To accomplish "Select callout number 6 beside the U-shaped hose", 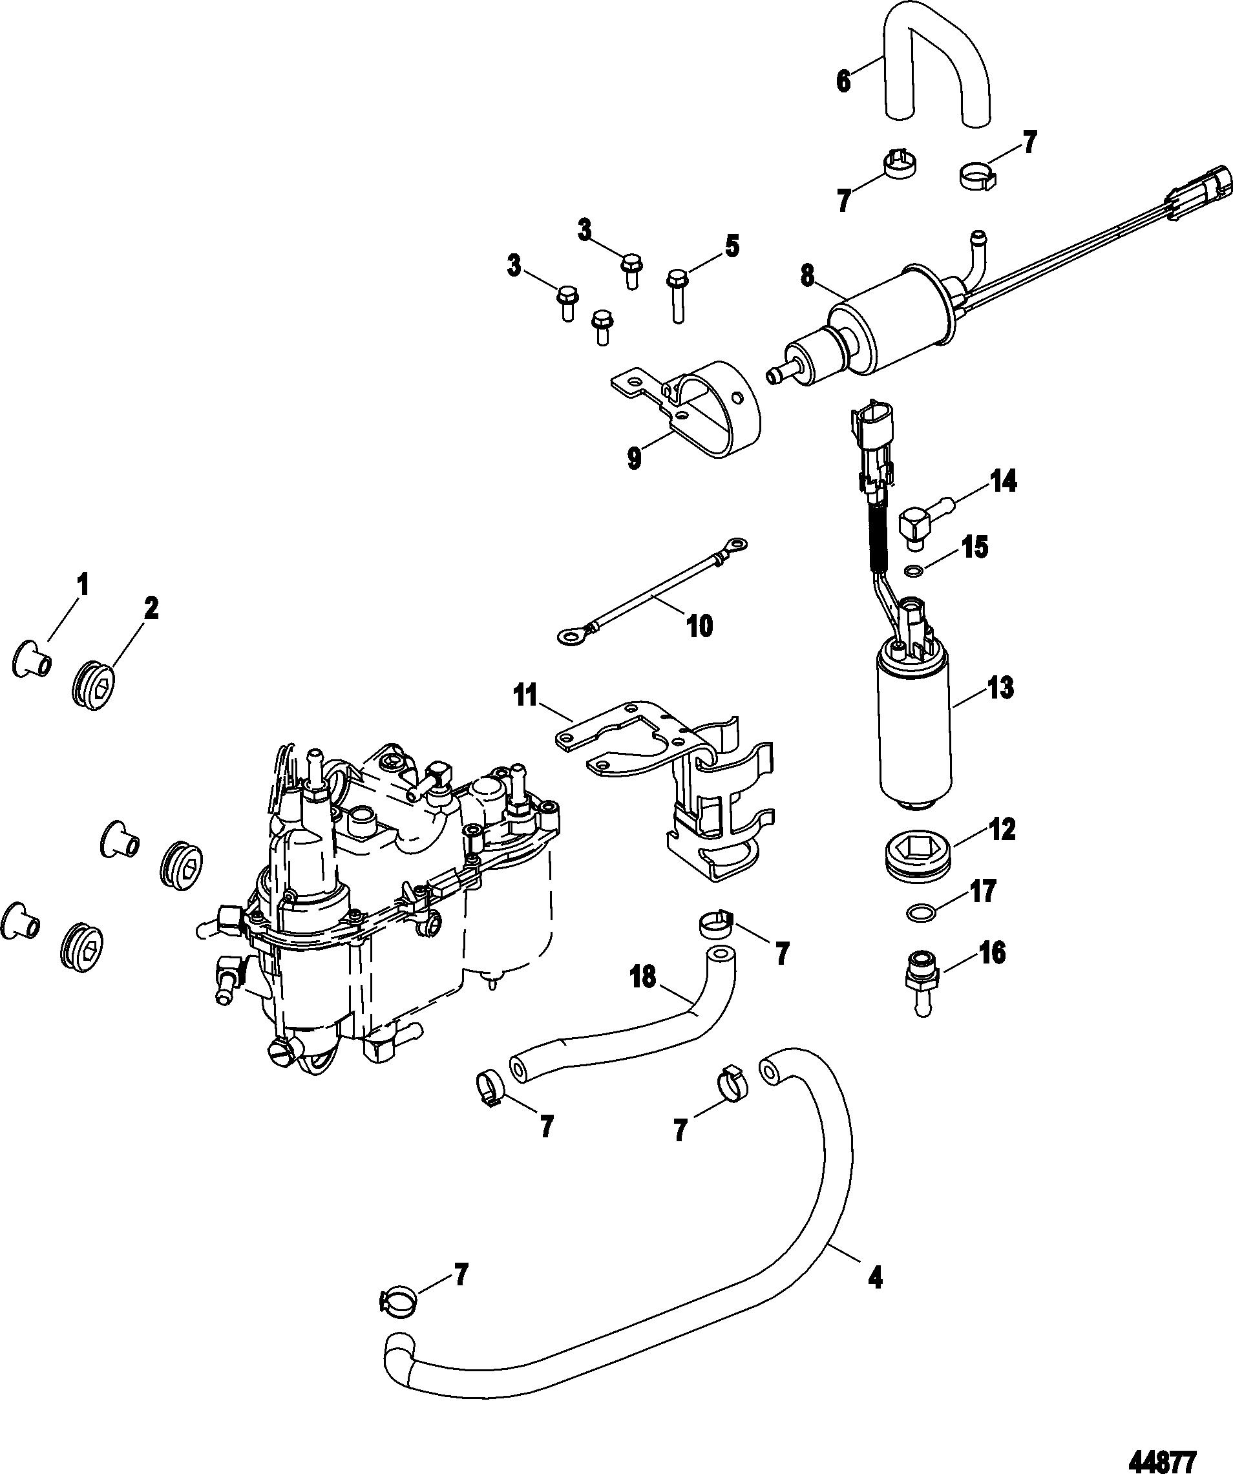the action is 843,81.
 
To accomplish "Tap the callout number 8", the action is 808,276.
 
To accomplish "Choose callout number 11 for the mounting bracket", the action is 525,697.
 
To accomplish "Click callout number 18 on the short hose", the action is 644,976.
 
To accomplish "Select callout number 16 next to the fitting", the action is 990,953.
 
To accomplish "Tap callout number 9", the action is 635,459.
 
